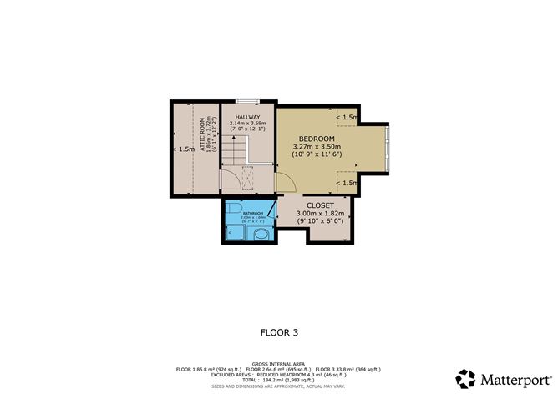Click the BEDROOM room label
point(317,139)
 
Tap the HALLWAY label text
point(247,117)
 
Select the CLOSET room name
point(320,205)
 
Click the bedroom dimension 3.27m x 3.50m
point(317,148)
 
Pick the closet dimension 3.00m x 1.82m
point(320,215)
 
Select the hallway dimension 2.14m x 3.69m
point(247,124)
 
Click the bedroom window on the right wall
point(387,142)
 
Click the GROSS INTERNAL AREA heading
point(278,364)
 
